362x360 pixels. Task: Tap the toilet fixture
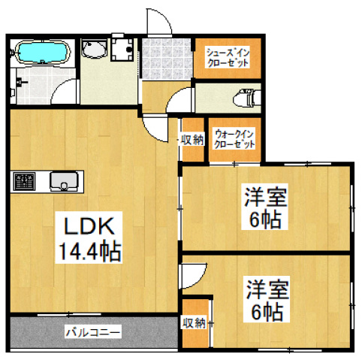[244, 98]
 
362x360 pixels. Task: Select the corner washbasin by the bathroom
[94, 51]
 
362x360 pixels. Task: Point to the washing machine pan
[122, 50]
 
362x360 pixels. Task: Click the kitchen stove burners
[25, 182]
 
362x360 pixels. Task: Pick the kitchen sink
[64, 182]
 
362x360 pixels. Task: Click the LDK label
[87, 225]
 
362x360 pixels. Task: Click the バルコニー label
[92, 330]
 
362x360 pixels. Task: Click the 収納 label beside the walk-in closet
[192, 139]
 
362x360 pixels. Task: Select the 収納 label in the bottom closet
[194, 323]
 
